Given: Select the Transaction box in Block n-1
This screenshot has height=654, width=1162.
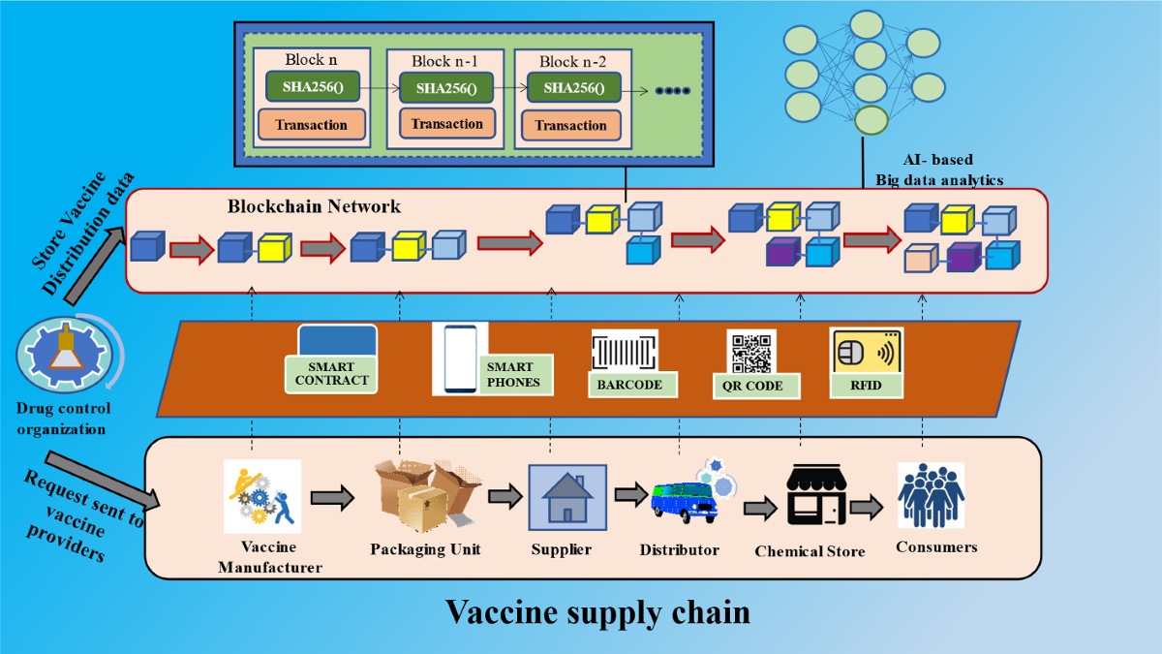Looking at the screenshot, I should [446, 124].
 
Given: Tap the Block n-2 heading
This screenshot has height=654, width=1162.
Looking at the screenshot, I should [572, 61].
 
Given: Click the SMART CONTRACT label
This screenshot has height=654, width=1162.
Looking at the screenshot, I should [331, 374].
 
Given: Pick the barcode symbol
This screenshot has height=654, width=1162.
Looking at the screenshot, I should [625, 351].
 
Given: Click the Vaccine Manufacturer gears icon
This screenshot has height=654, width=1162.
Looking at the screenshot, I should [262, 497].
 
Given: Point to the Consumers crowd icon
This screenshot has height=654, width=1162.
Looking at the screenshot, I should [931, 495].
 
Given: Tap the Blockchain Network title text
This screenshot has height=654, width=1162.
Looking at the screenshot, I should [314, 206].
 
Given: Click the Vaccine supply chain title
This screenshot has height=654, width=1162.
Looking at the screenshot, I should [597, 612].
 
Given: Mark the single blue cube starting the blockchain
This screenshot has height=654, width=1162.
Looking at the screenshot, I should [147, 246].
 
